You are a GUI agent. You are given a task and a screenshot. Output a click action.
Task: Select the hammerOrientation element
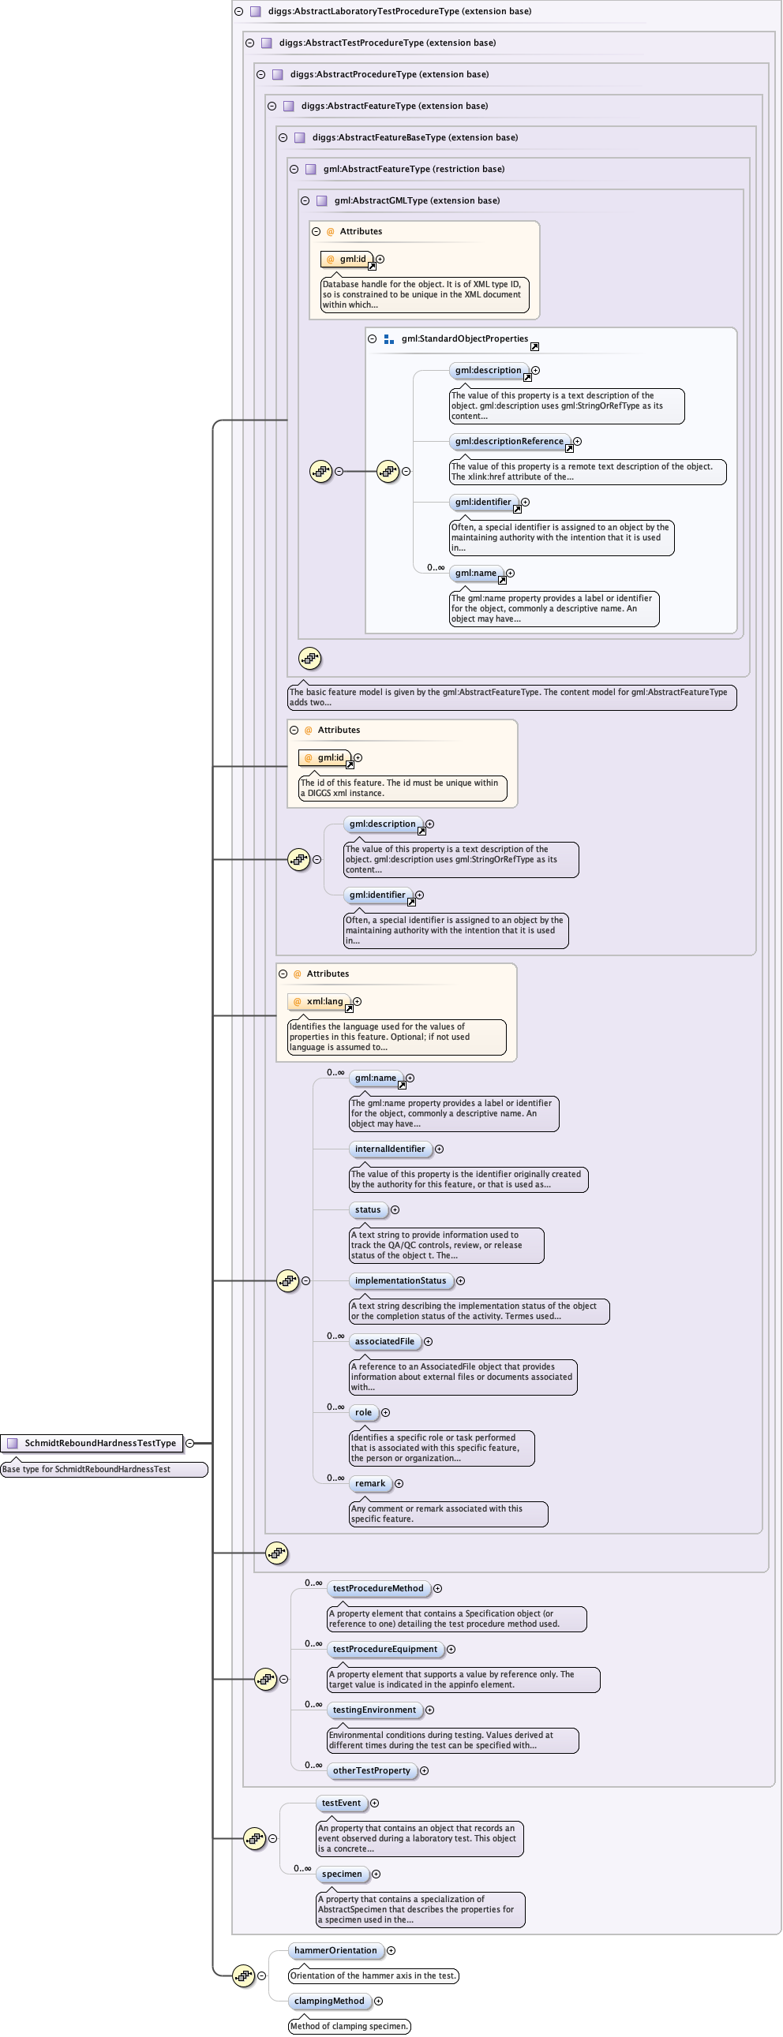(335, 1951)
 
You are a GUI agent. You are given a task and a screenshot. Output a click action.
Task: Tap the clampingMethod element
(329, 2001)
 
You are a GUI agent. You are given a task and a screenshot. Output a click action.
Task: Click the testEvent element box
(341, 1803)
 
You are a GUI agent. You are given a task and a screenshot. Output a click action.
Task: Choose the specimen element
(342, 1874)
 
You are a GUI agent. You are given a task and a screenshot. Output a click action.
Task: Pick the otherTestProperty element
(371, 1770)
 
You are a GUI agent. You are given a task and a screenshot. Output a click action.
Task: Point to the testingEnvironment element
(374, 1710)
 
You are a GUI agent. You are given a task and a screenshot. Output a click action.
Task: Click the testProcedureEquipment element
(384, 1649)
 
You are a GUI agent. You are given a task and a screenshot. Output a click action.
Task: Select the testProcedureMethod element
(378, 1588)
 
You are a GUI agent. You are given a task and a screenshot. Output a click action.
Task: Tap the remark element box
(369, 1483)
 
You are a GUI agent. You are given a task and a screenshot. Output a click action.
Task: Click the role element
(363, 1412)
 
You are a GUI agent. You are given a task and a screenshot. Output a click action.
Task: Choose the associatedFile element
(384, 1341)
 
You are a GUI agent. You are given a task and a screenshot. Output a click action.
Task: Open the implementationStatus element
(400, 1280)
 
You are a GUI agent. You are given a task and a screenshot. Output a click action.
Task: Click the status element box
(367, 1210)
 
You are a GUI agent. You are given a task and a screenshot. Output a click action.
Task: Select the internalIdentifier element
(390, 1149)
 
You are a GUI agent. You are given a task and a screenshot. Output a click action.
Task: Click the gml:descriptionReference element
(509, 441)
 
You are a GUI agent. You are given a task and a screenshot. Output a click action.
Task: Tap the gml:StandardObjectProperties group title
(464, 339)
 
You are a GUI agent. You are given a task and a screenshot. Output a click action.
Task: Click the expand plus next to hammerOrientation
(391, 1951)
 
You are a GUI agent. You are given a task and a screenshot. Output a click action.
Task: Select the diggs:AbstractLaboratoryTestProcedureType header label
(399, 11)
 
